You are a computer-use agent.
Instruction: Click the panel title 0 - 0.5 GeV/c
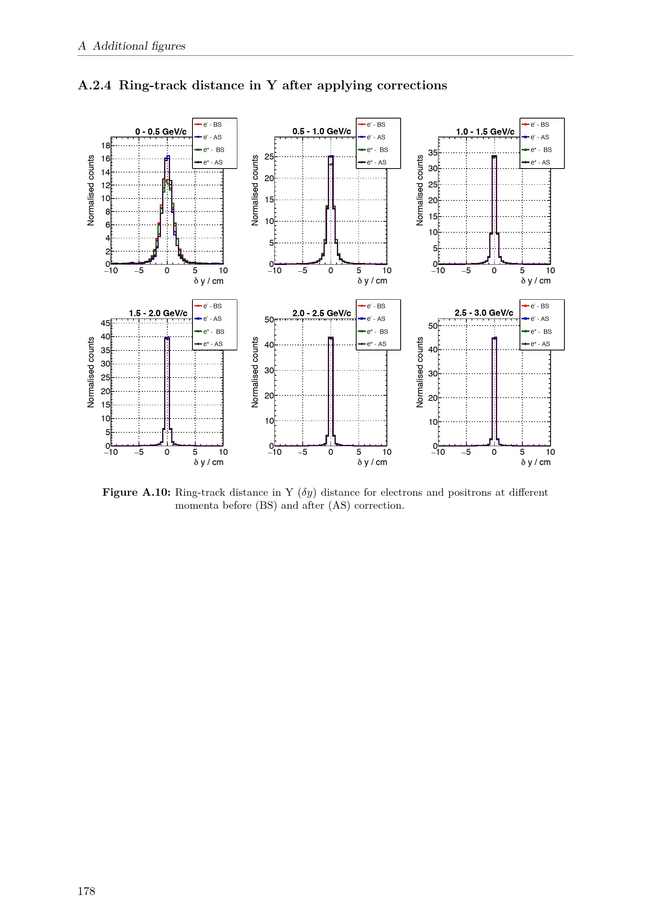[x=161, y=132]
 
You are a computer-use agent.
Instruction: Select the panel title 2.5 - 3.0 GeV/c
[x=484, y=313]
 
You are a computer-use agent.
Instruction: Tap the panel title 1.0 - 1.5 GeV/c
[x=485, y=132]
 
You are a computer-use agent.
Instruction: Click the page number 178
[x=86, y=891]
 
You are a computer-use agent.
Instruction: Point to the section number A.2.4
[x=94, y=85]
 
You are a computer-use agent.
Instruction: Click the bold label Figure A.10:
[x=136, y=492]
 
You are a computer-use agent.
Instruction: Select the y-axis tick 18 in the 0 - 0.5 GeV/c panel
[x=105, y=146]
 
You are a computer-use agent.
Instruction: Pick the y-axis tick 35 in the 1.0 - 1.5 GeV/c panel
[x=433, y=153]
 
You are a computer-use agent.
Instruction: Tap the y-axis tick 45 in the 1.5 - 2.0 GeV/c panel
[x=105, y=323]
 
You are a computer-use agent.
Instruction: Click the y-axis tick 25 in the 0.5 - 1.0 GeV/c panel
[x=269, y=156]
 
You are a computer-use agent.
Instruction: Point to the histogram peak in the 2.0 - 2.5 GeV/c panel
[x=331, y=338]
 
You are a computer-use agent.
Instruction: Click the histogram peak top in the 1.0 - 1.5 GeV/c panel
[x=494, y=156]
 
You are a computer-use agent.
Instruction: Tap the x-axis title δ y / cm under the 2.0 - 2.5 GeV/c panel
[x=372, y=462]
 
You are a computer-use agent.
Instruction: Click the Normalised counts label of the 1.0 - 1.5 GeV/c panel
[x=420, y=191]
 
